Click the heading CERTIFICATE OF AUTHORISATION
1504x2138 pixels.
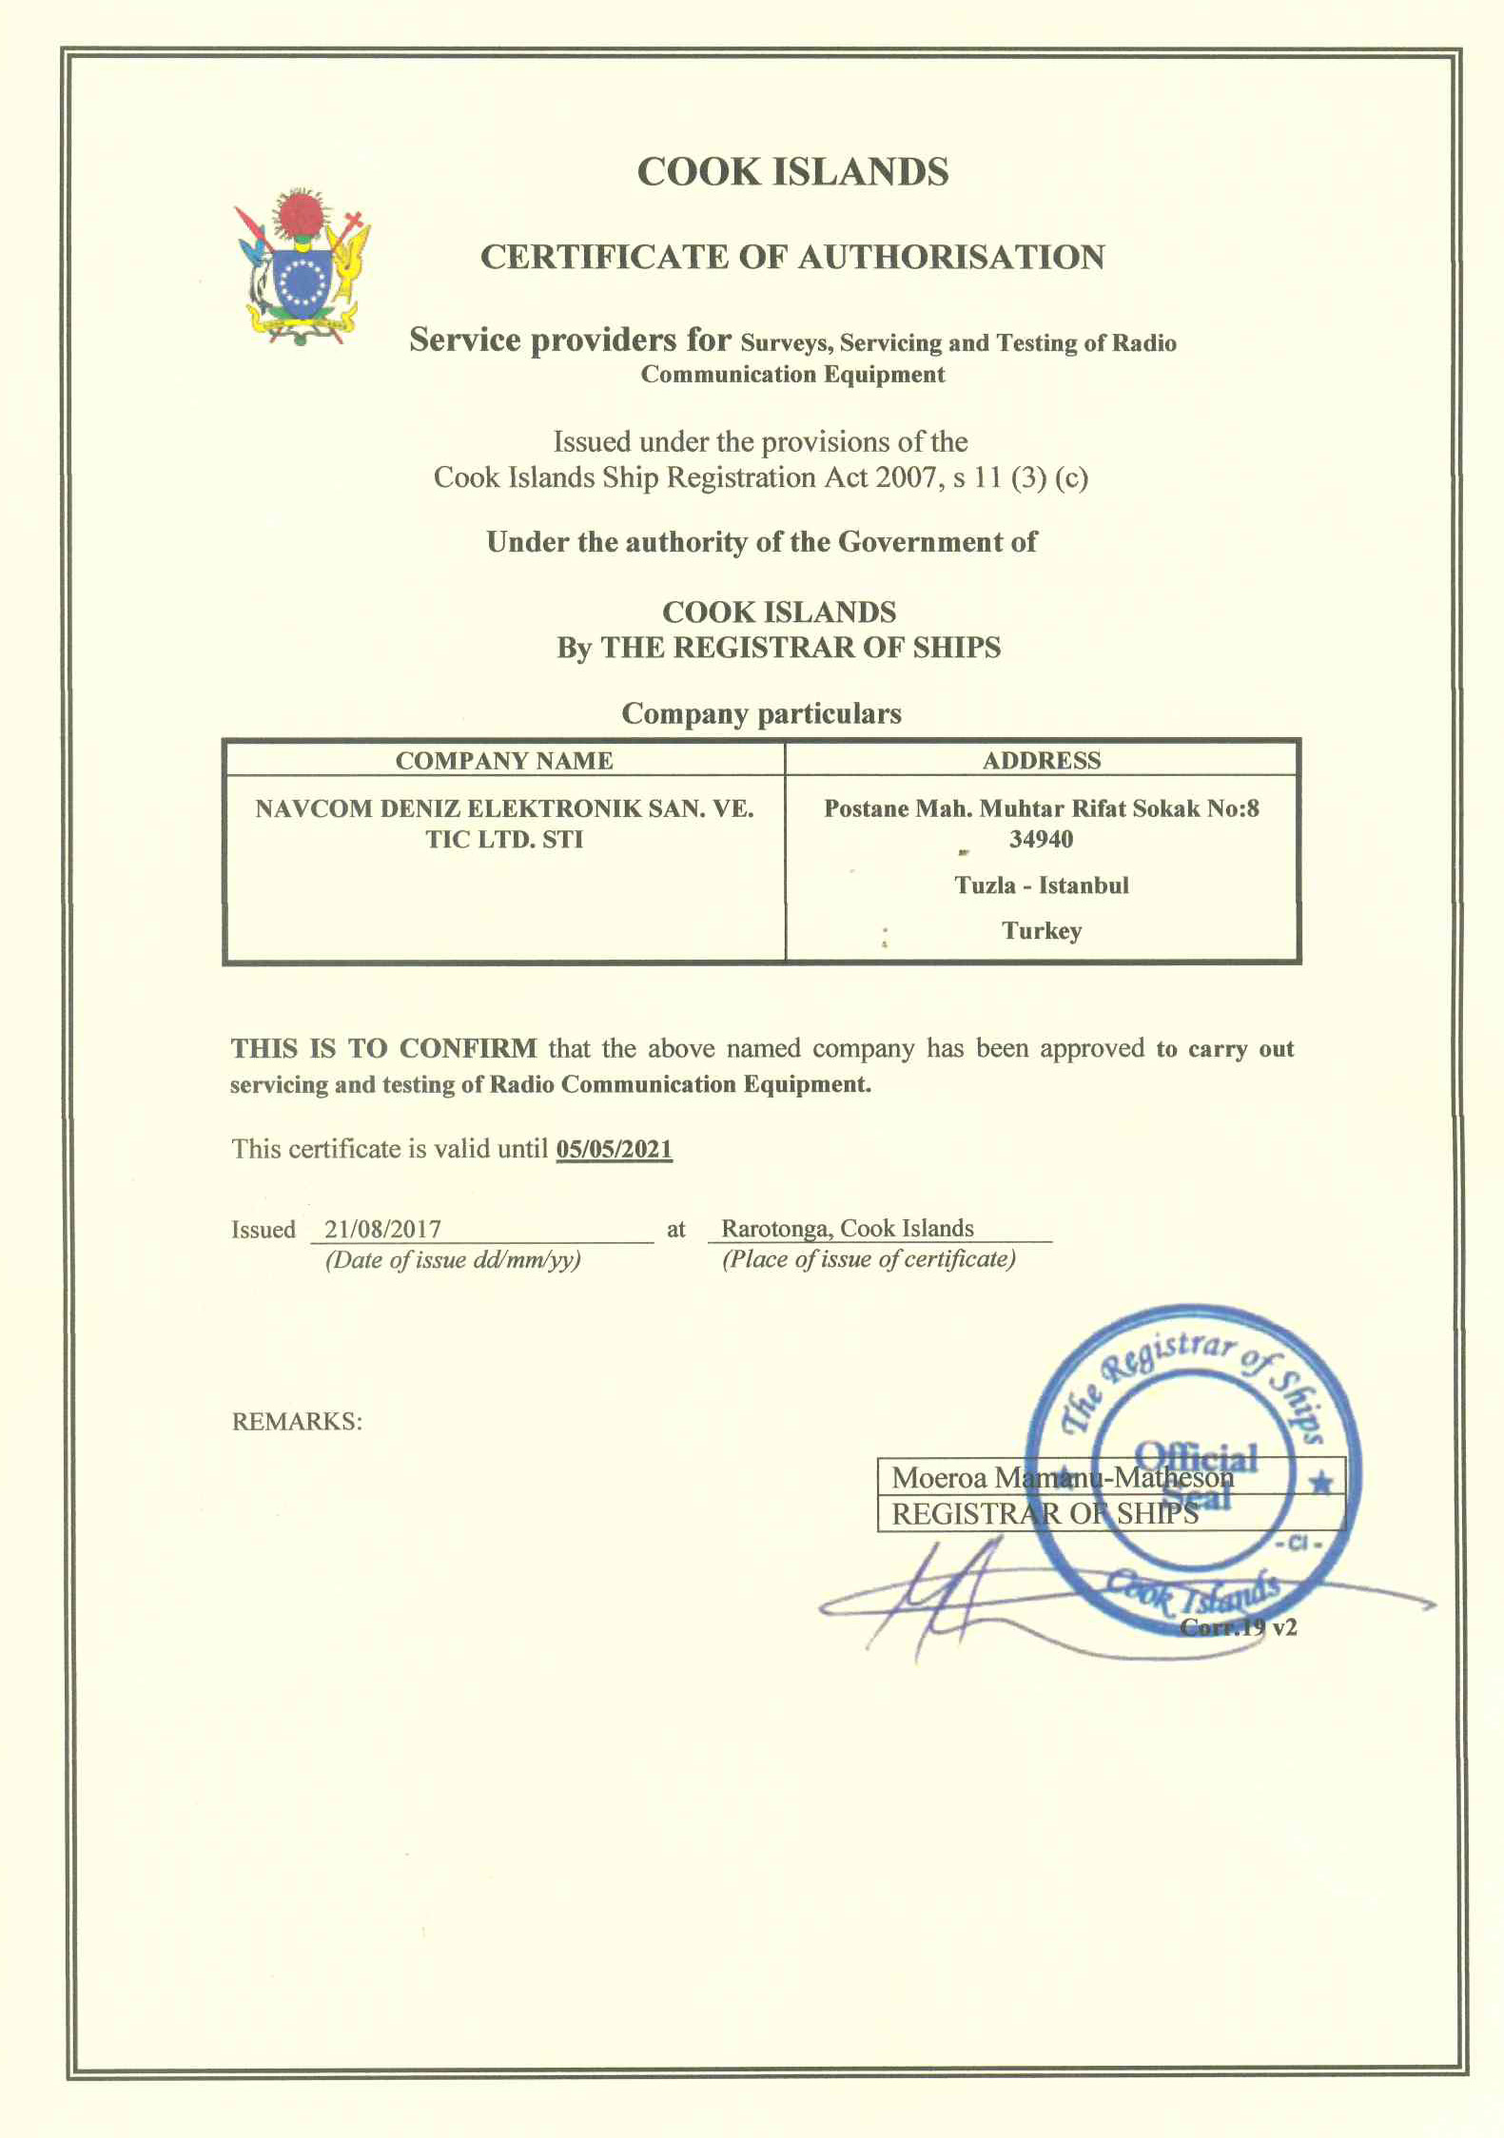[x=792, y=257]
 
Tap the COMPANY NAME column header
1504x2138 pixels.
[x=504, y=760]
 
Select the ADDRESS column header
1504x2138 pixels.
[x=1042, y=760]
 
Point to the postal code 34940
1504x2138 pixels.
[x=1041, y=839]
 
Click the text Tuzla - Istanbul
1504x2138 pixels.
[x=1042, y=885]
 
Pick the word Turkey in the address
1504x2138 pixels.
[x=1042, y=930]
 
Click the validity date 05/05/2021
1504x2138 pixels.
[x=614, y=1149]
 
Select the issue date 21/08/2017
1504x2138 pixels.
[x=382, y=1229]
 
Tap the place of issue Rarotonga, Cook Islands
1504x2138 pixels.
[x=847, y=1228]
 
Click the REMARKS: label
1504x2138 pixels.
[x=297, y=1422]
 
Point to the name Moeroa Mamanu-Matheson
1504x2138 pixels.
[x=1062, y=1477]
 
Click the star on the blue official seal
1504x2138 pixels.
[x=1320, y=1483]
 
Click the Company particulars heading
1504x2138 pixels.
[x=761, y=713]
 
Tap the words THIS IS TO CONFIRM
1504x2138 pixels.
[x=383, y=1048]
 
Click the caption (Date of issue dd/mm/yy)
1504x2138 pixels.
[x=453, y=1260]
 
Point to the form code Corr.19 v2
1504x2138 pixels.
[x=1239, y=1627]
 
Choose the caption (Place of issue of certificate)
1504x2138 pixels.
[x=869, y=1259]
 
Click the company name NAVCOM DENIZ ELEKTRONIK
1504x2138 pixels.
[x=504, y=808]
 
